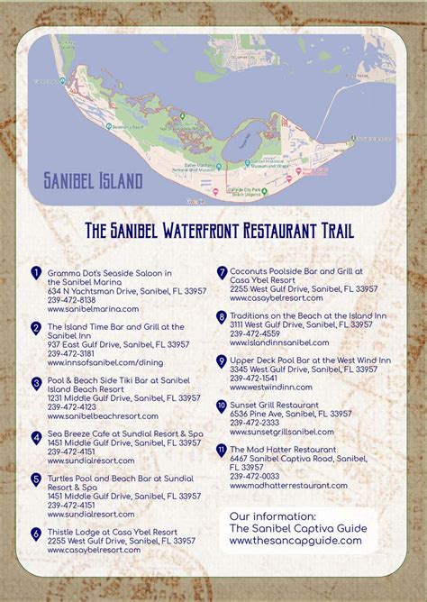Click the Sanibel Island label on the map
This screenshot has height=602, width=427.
coord(93,181)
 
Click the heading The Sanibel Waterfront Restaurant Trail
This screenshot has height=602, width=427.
coord(219,231)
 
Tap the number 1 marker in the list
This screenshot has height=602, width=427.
coord(35,272)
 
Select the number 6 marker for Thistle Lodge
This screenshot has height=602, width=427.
coord(35,534)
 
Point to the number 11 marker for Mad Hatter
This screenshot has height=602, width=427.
coord(221,449)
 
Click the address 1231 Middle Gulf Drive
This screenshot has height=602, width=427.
coord(123,397)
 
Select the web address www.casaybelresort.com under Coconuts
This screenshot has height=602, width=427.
coord(277,298)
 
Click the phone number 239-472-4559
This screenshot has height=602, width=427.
coord(255,333)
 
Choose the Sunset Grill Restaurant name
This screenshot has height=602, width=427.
coord(274,405)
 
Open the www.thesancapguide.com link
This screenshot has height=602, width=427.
coord(295,541)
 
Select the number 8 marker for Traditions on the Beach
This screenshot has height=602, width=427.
coord(221,316)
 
